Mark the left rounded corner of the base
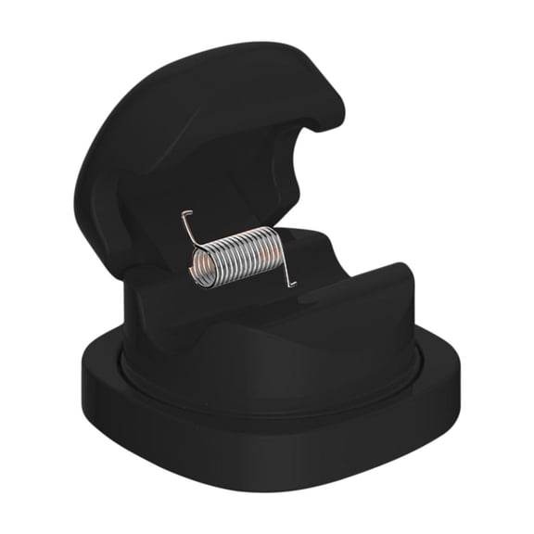[93, 389]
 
